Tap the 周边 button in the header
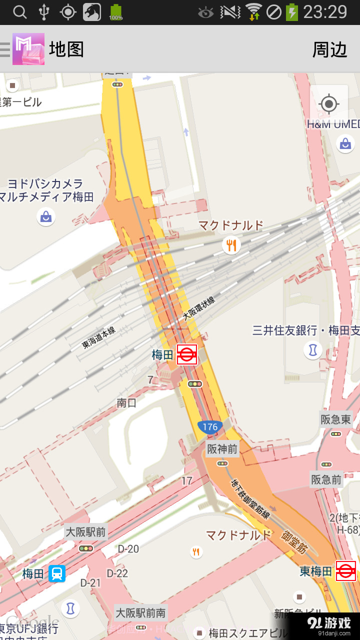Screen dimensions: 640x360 329,49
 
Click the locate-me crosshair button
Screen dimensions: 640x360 328,104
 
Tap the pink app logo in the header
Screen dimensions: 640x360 28,49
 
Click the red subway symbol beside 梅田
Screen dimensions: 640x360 187,354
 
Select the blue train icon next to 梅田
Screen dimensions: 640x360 57,573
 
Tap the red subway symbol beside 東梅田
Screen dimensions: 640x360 345,571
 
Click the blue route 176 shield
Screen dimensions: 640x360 210,426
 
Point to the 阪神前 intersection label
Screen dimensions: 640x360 222,449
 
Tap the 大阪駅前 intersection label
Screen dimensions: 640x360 86,531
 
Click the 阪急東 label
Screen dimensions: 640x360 336,419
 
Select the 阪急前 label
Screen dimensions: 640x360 326,480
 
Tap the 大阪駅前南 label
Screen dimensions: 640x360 141,612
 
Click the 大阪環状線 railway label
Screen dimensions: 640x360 198,308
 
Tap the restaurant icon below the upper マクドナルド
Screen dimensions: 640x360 231,245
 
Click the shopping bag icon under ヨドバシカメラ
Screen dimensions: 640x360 46,216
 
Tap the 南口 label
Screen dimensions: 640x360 126,402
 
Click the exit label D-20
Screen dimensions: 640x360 128,548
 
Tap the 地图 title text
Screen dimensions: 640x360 66,49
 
